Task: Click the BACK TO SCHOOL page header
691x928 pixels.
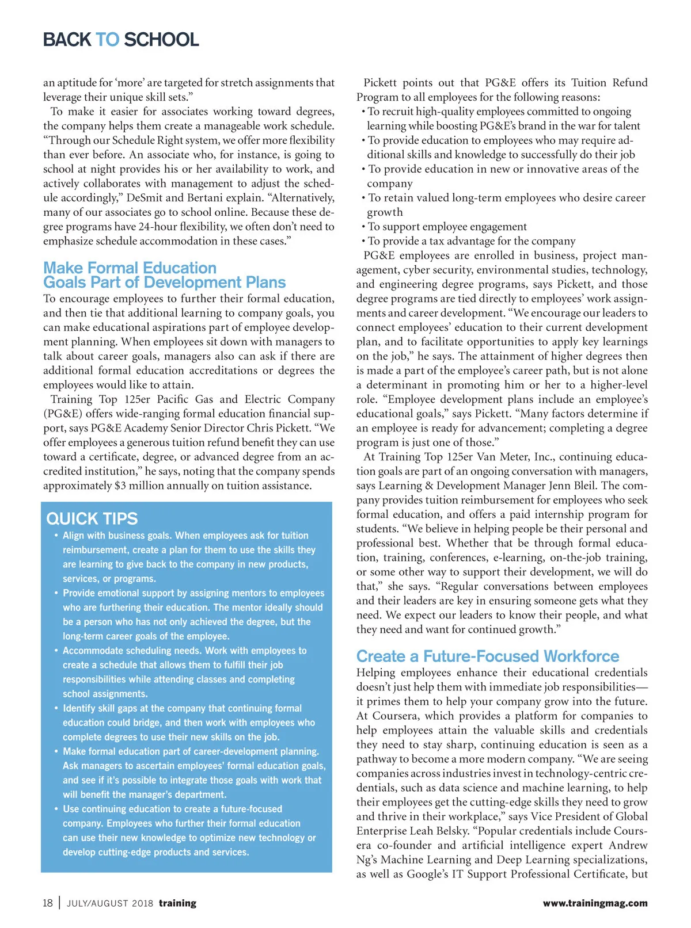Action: tap(121, 40)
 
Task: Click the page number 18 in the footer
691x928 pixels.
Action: tap(48, 903)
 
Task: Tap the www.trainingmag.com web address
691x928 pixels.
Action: tap(595, 903)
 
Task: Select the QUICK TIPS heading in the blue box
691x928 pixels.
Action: tap(92, 519)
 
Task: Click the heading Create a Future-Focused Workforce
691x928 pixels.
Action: tap(488, 656)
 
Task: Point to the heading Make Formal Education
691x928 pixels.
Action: tap(130, 268)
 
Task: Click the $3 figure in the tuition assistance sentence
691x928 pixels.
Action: tap(120, 486)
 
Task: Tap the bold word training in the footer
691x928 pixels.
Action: tap(177, 903)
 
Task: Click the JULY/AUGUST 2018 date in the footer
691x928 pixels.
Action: tap(110, 903)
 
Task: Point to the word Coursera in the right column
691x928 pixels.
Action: tap(394, 716)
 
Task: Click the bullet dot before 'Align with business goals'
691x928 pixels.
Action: tap(56, 536)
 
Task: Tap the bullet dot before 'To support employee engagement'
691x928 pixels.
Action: tap(363, 227)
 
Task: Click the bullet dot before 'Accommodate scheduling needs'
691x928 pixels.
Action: tap(56, 651)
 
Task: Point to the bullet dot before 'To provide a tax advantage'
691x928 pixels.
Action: tap(363, 241)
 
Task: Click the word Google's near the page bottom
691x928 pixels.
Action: tap(429, 874)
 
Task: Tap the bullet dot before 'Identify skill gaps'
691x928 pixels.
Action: tap(56, 708)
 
